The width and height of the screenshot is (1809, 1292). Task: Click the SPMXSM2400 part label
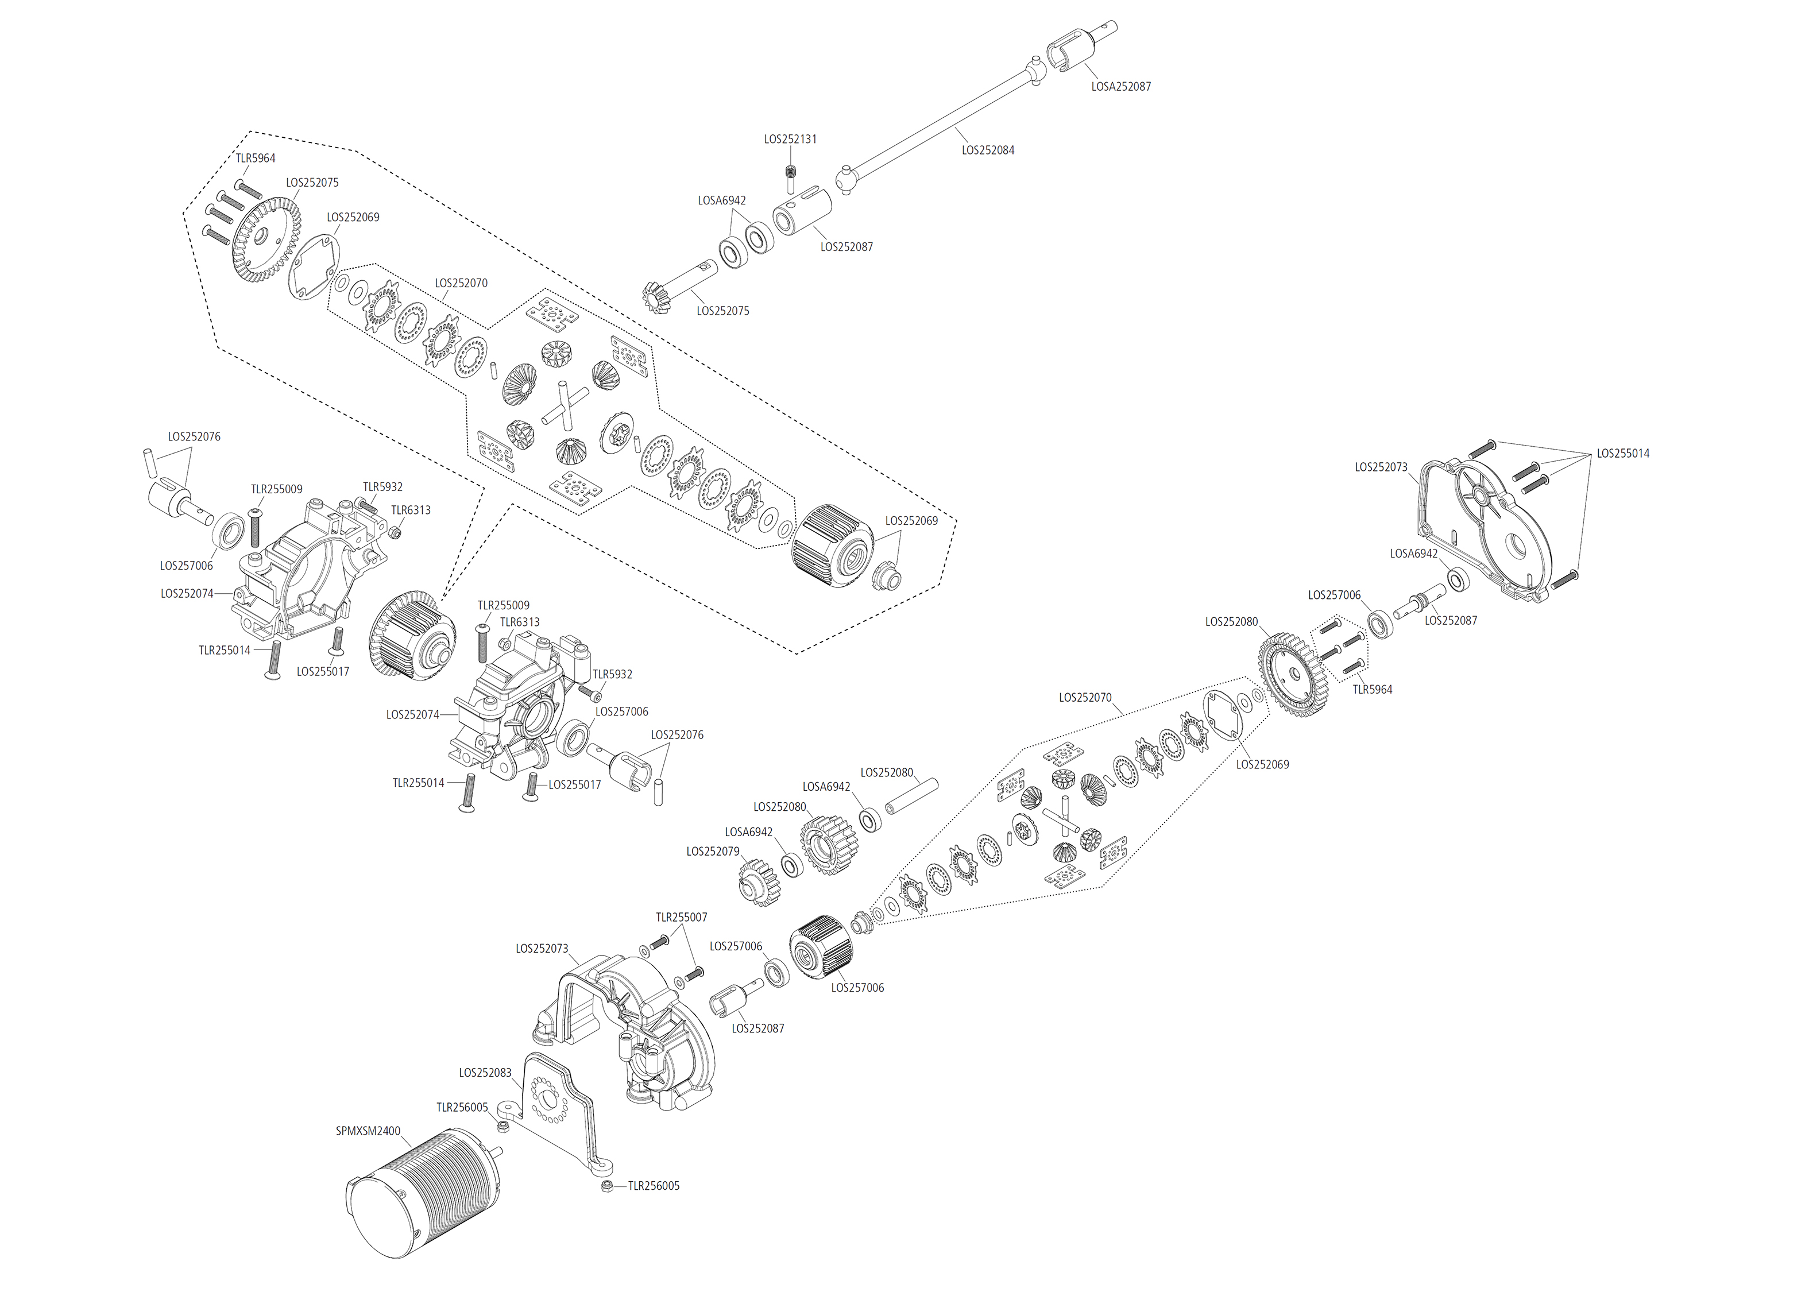point(368,1131)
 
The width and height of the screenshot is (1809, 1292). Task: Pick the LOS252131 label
point(790,139)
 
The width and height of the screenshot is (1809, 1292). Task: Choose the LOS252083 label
point(485,1073)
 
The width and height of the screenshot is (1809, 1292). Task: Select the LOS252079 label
point(713,851)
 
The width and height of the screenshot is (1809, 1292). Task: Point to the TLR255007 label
point(681,917)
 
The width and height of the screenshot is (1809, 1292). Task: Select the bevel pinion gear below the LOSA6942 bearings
point(659,296)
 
